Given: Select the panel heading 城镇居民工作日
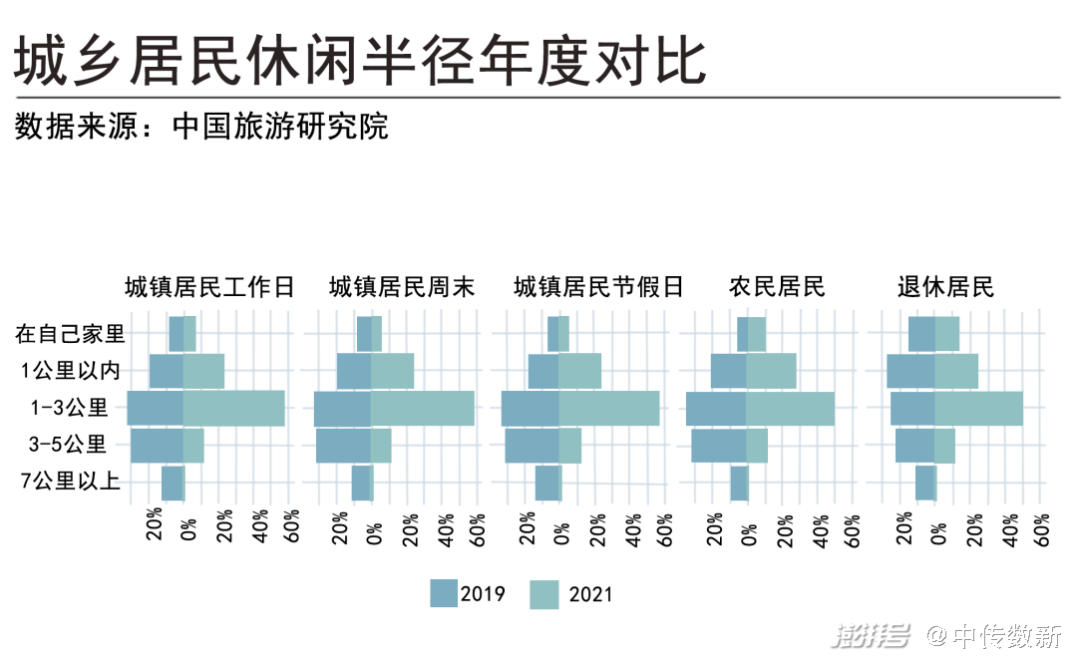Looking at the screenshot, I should [210, 288].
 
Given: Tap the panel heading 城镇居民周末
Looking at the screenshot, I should [402, 288].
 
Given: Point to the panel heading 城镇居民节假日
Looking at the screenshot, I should [598, 288].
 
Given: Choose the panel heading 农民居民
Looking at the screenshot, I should [777, 288].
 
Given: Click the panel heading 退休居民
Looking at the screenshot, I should [945, 288].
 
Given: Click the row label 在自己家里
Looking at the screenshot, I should [70, 334].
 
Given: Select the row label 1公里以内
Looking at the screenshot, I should [71, 371].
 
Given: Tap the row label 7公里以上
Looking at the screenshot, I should [71, 483].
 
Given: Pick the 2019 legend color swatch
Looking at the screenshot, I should [444, 593].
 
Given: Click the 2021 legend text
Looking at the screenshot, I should [590, 595].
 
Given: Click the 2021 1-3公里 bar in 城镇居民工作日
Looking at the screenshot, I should [233, 409].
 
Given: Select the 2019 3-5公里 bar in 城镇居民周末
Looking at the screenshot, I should [343, 446].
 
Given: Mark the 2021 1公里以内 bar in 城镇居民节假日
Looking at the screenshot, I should [579, 371].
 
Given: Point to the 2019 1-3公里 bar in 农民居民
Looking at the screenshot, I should [716, 409].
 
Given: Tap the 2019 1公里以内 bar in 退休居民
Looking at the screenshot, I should [910, 371].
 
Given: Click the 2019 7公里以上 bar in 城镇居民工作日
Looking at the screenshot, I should [172, 483].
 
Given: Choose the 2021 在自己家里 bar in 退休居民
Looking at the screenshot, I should [946, 334].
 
